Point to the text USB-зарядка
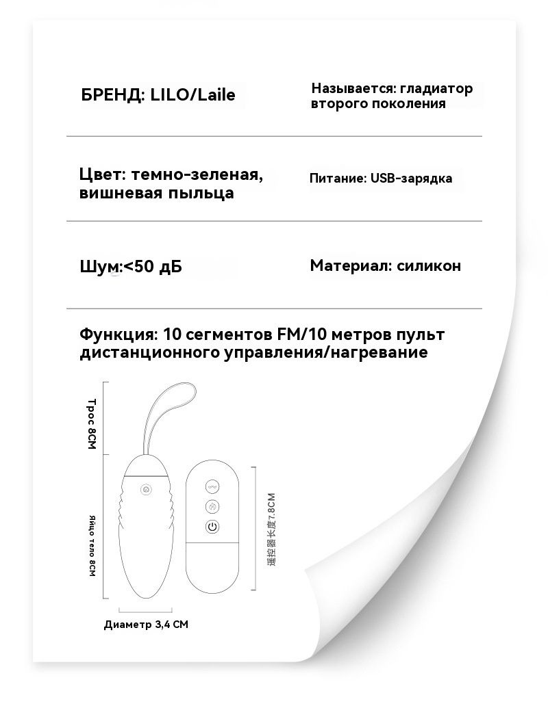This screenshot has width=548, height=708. click(412, 179)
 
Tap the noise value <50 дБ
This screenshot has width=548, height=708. click(153, 266)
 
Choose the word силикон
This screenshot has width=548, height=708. click(429, 265)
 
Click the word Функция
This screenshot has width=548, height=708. click(118, 335)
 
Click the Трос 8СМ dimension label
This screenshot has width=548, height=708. click(92, 423)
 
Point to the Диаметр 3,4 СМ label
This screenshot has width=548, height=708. click(146, 625)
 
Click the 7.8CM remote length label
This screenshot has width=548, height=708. click(271, 529)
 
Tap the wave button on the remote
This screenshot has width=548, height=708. click(212, 487)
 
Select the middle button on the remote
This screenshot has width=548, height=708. click(212, 507)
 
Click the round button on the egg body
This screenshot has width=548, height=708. click(146, 489)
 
